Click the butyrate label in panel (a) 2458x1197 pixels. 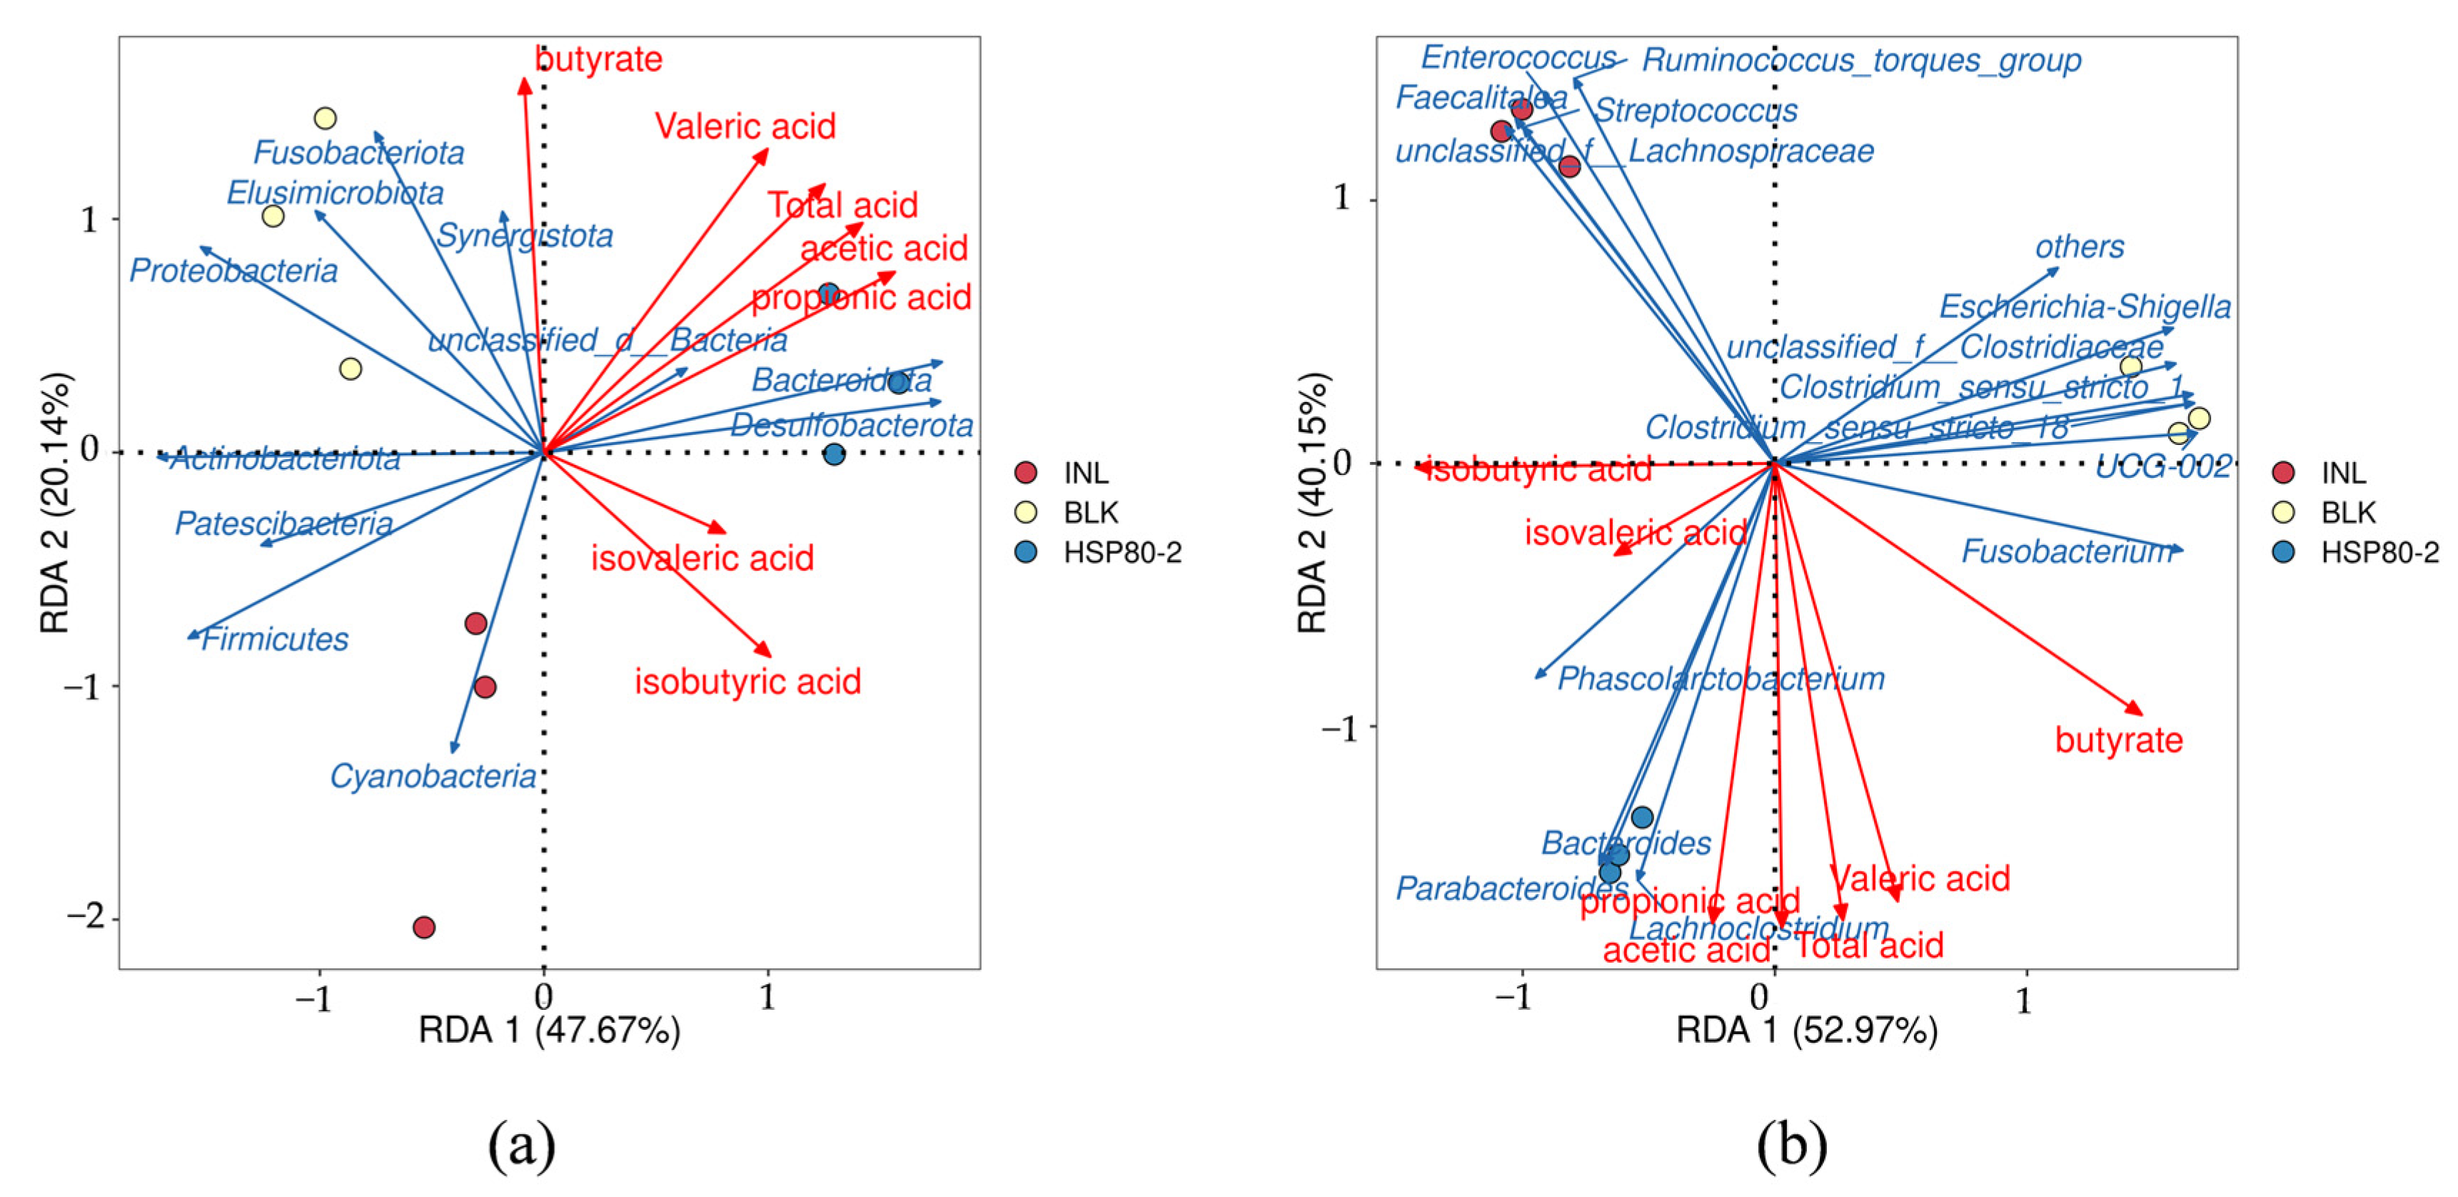(x=598, y=59)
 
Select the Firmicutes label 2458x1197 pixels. (x=275, y=638)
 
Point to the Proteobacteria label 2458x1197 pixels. (x=233, y=271)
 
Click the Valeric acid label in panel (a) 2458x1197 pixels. (x=745, y=126)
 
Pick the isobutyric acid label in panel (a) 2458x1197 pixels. (x=748, y=681)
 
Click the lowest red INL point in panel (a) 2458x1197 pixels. (x=425, y=927)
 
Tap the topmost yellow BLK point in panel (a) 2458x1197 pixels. (x=326, y=119)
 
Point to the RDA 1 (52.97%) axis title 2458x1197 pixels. (x=1806, y=1031)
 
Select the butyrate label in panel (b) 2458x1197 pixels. (x=2118, y=740)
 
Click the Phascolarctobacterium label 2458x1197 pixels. (x=1721, y=678)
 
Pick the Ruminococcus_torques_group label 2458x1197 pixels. (x=1860, y=60)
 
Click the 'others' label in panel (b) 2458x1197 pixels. (x=2079, y=247)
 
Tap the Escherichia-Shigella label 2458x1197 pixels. (x=2085, y=306)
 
